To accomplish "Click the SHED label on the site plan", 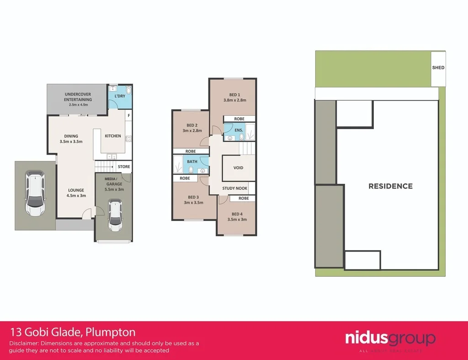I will pos(438,68).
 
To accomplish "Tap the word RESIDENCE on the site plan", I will pos(390,186).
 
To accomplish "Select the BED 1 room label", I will pos(234,95).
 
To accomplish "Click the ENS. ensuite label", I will pos(239,130).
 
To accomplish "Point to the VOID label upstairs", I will pos(238,168).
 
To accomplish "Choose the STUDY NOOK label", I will pos(235,188).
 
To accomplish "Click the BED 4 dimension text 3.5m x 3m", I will pos(237,220).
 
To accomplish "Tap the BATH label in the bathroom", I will pos(192,161).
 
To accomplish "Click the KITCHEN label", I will pos(113,136).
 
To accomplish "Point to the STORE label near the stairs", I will pos(124,167).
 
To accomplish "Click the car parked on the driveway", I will pos(35,193).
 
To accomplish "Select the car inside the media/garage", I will pos(115,215).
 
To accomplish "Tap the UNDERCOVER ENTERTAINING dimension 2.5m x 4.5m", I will pos(78,105).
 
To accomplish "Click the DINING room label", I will pos(71,136).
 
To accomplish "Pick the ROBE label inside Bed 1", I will pos(239,119).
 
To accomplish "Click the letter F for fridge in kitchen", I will pos(129,116).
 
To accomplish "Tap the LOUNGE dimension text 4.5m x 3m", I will pos(76,196).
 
